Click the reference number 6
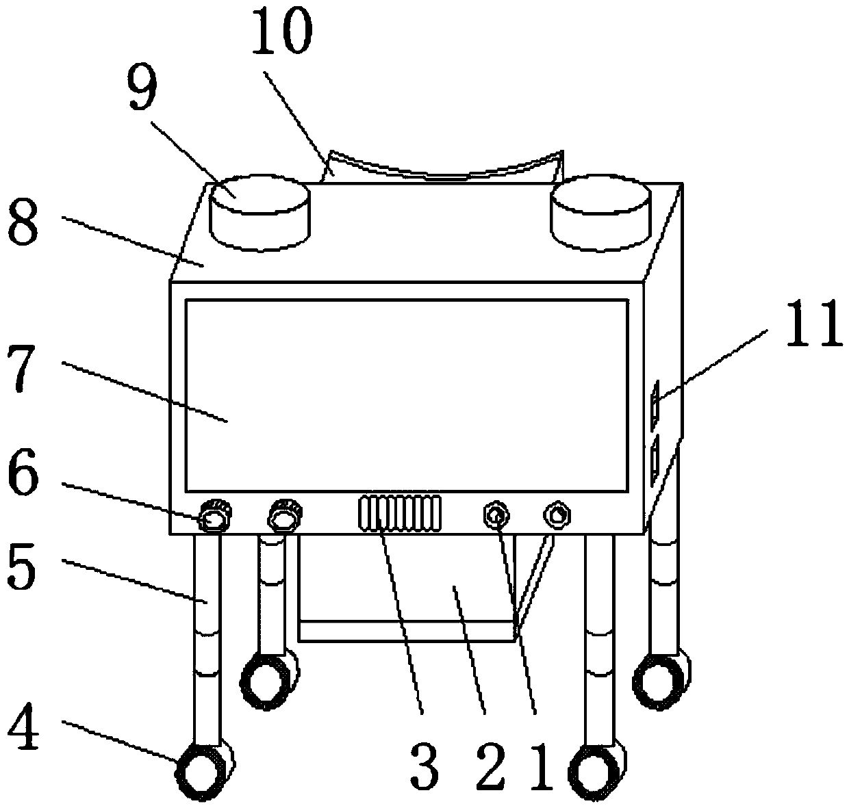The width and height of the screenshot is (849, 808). [x=23, y=480]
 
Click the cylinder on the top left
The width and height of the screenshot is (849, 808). [x=259, y=211]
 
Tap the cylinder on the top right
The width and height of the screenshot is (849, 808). [x=600, y=211]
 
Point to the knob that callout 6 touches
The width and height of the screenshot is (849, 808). [x=215, y=519]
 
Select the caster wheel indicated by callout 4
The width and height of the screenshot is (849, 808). [x=201, y=772]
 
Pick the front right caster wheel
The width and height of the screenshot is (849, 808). [x=600, y=770]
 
